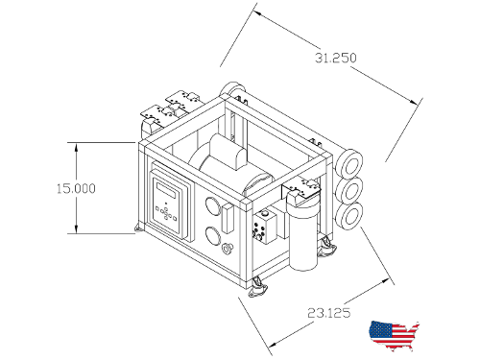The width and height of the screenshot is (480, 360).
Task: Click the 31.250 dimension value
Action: [x=335, y=58]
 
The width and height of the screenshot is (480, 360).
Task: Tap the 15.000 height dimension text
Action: [x=76, y=188]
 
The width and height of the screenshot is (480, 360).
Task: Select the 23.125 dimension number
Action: [x=329, y=313]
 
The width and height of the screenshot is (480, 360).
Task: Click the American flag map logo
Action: [x=394, y=335]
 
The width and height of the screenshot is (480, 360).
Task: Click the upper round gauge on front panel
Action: [x=212, y=205]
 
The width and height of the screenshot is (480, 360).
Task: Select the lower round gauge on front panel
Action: [x=213, y=236]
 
